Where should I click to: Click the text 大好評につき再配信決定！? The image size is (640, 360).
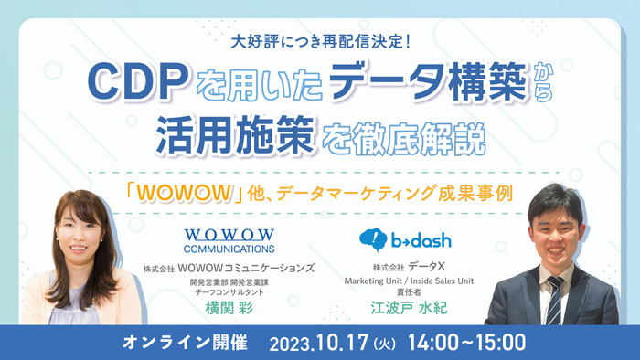pyautogui.click(x=320, y=41)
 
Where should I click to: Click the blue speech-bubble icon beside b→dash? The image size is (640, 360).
pyautogui.click(x=374, y=240)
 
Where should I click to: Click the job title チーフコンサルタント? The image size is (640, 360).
pyautogui.click(x=229, y=293)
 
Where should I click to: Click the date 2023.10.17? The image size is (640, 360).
pyautogui.click(x=315, y=343)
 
